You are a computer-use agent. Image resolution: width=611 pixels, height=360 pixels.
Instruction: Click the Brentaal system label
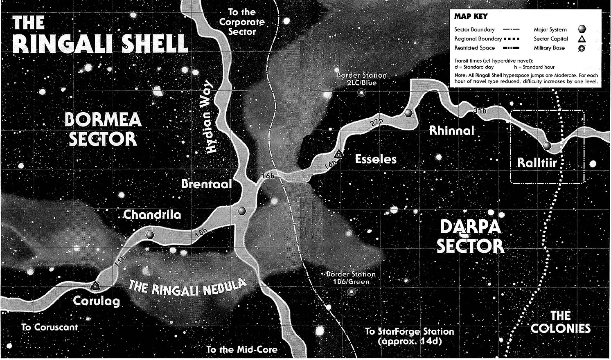point(206,184)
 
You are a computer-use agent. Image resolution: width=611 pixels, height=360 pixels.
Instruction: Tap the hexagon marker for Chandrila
point(150,235)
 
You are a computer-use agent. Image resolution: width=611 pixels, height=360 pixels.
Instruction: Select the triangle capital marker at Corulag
point(95,285)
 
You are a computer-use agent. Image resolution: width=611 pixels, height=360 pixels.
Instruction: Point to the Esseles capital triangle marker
point(338,155)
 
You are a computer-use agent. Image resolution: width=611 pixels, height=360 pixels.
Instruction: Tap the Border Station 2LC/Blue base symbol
point(361,93)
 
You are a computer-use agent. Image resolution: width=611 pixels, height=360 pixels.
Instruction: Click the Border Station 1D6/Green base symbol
point(351,292)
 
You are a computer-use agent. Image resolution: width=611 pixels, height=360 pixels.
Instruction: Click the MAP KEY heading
point(471,17)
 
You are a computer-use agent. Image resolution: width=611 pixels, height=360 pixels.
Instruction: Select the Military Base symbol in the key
point(582,48)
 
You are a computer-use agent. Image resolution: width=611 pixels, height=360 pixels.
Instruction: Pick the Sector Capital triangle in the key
point(582,39)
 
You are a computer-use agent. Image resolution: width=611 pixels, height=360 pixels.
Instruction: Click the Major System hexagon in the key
point(582,29)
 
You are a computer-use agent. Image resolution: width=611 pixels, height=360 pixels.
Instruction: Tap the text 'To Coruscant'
point(50,327)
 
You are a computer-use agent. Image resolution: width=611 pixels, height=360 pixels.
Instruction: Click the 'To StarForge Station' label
point(410,331)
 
